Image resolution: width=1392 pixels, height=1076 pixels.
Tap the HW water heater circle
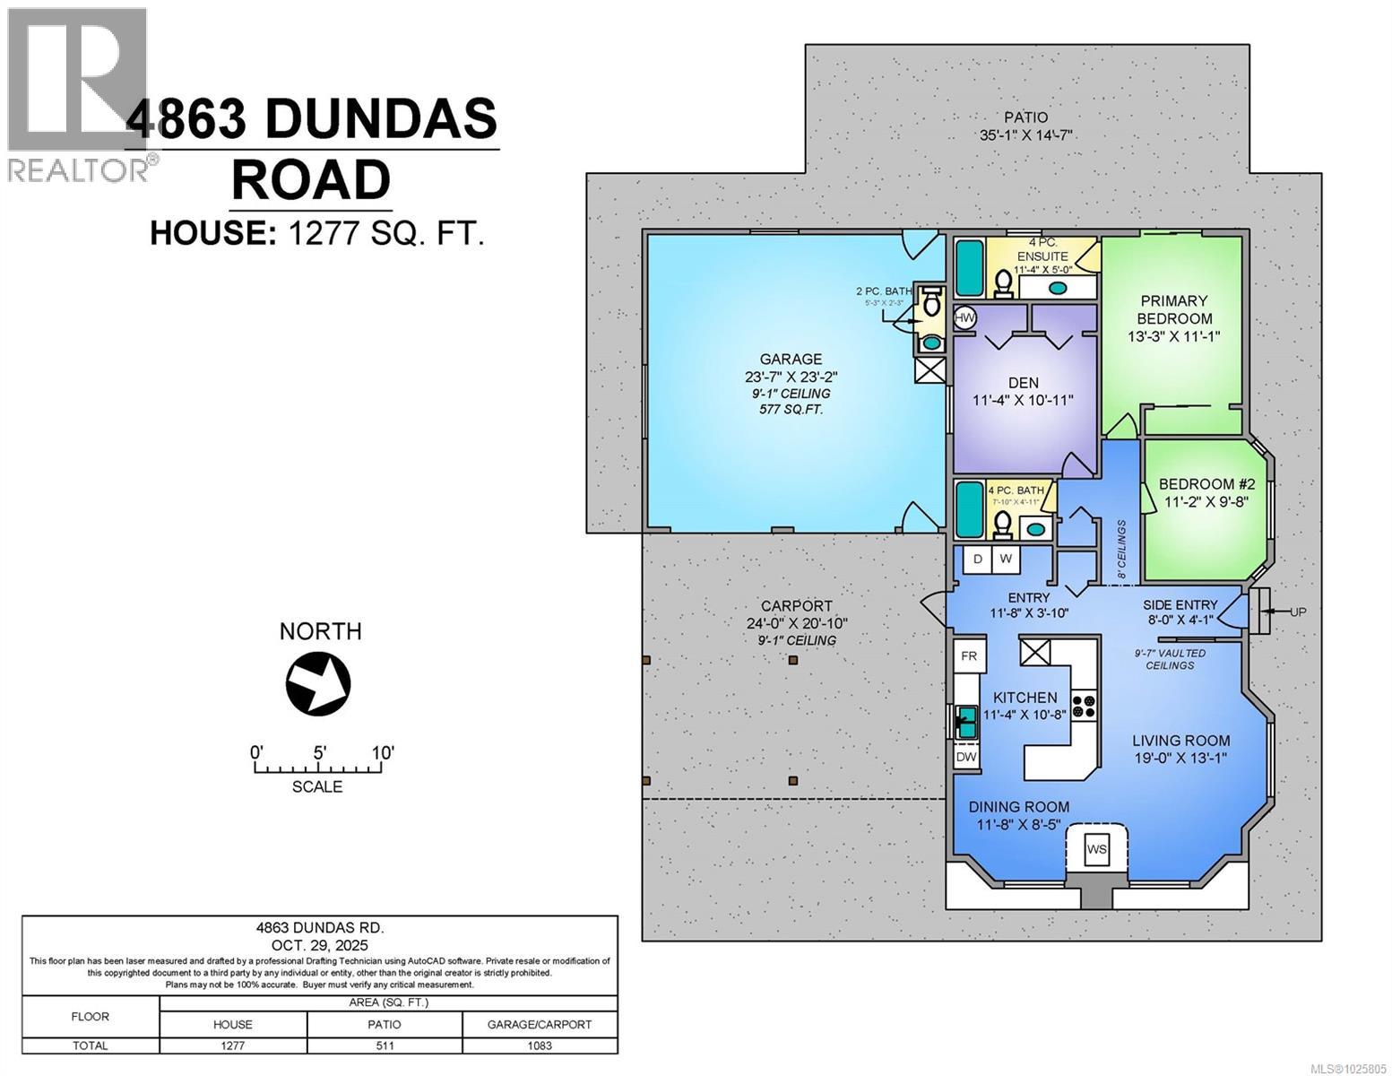click(x=964, y=317)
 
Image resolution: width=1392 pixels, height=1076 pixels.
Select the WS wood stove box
click(x=1096, y=848)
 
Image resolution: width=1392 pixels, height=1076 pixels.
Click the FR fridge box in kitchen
click(x=969, y=655)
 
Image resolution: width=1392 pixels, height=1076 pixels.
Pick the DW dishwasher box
click(x=965, y=757)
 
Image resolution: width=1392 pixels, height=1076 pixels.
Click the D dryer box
click(x=978, y=559)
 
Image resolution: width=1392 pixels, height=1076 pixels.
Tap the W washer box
click(x=1006, y=559)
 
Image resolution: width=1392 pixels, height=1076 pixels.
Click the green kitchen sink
click(x=966, y=720)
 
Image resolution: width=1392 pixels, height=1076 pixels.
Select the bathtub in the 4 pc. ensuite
click(x=969, y=268)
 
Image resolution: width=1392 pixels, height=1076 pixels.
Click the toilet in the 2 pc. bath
click(x=931, y=304)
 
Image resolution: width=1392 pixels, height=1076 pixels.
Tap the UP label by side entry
click(x=1298, y=612)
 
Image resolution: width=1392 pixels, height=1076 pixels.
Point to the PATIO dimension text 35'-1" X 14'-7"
click(x=1025, y=136)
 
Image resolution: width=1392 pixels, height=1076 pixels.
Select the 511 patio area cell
click(x=385, y=1046)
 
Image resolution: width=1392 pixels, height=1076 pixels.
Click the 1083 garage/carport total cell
click(x=540, y=1046)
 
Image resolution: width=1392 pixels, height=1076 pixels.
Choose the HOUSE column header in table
click(x=232, y=1024)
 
